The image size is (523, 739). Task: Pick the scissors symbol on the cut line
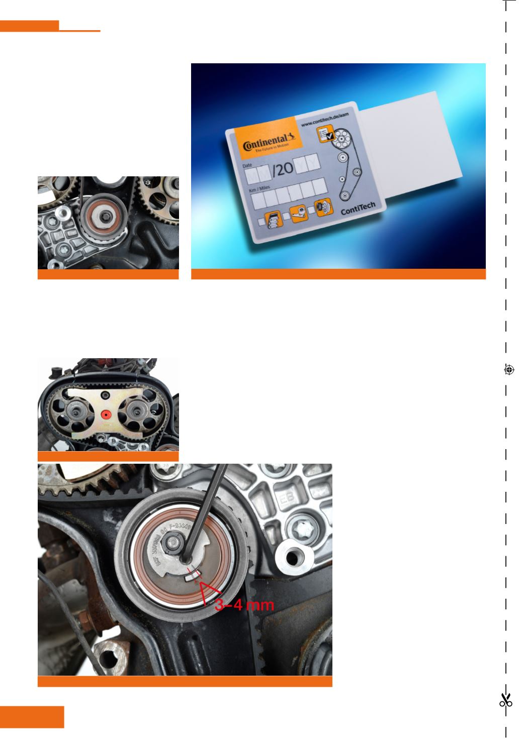pos(506,700)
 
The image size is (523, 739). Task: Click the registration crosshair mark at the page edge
pos(508,370)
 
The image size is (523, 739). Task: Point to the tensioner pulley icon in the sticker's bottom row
pos(298,215)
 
